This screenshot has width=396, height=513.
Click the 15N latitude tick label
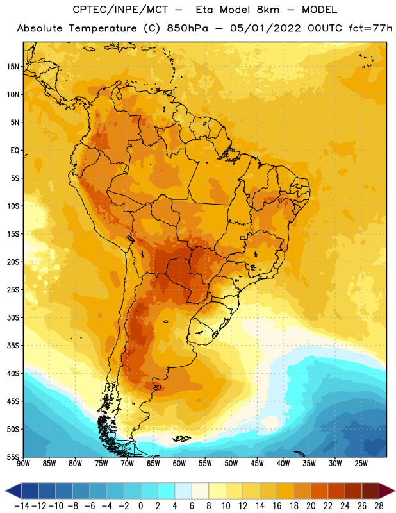click(x=13, y=67)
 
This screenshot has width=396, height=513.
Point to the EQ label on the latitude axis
click(x=15, y=151)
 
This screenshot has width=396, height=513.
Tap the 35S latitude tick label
click(x=13, y=346)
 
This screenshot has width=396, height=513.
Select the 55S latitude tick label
click(x=13, y=457)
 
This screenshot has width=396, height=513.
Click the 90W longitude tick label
click(x=23, y=464)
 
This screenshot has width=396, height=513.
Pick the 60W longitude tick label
click(x=179, y=464)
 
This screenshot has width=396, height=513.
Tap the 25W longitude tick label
click(x=361, y=464)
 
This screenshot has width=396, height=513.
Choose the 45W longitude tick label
click(x=257, y=464)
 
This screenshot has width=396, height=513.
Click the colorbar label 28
click(x=379, y=506)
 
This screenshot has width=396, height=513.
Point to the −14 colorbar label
click(x=22, y=506)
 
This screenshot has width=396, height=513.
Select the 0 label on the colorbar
click(x=140, y=506)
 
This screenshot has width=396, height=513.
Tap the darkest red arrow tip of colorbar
click(x=387, y=491)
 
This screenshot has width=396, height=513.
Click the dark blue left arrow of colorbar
click(x=13, y=491)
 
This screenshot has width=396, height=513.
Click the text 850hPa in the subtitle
click(x=187, y=28)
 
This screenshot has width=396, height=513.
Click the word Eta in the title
click(x=205, y=10)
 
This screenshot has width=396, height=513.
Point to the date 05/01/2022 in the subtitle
click(x=265, y=28)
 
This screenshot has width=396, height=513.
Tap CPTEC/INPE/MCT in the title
click(x=120, y=10)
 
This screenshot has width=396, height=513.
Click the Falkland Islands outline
click(x=182, y=439)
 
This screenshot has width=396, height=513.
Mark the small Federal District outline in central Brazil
click(x=243, y=238)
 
